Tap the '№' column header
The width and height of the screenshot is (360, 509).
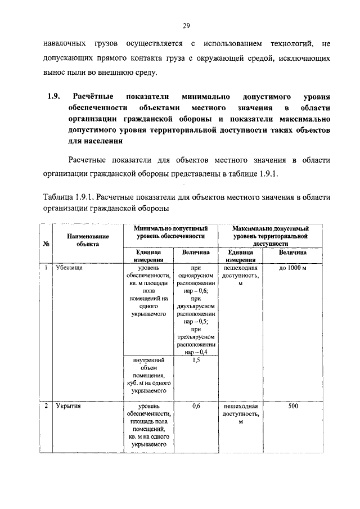[x=45, y=244]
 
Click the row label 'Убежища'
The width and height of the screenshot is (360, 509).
[x=69, y=269]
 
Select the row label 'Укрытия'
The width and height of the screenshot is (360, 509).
[x=69, y=404]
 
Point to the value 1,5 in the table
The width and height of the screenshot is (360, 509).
[x=196, y=359]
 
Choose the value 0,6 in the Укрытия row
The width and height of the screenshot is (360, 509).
[x=196, y=404]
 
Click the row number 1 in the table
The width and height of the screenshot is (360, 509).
[x=45, y=269]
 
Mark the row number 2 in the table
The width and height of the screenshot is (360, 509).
[x=45, y=404]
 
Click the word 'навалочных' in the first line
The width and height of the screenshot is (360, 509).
[x=65, y=43]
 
